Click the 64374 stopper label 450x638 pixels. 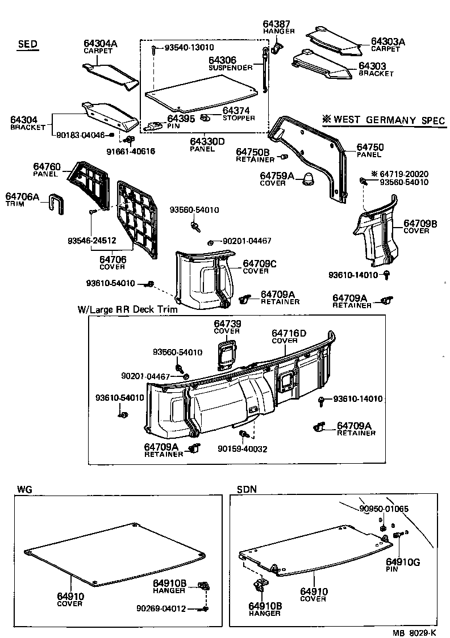(238, 114)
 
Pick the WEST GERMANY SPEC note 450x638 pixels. (384, 120)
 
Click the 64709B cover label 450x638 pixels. (420, 226)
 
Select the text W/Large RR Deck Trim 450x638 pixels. (127, 310)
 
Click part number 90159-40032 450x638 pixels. (241, 449)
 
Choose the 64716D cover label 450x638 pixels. (289, 336)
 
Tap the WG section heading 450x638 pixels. (24, 489)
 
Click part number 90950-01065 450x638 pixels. (384, 509)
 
